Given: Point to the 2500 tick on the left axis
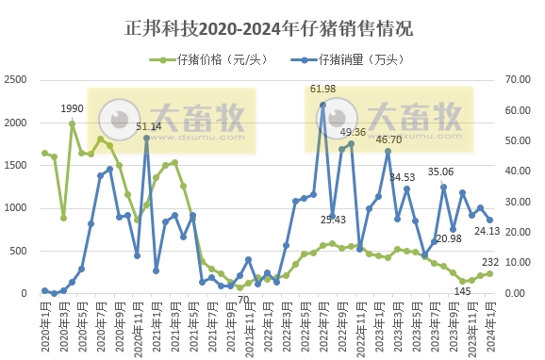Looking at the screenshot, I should [16, 80].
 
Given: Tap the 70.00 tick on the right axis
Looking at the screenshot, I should [520, 80].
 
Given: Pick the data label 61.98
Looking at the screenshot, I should [322, 90].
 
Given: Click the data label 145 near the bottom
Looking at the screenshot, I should [462, 291].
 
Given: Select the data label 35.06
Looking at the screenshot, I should [440, 172].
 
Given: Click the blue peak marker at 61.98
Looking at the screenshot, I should [322, 105].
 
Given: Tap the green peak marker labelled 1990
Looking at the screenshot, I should [73, 123].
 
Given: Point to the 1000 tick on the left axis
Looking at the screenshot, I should [16, 207].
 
